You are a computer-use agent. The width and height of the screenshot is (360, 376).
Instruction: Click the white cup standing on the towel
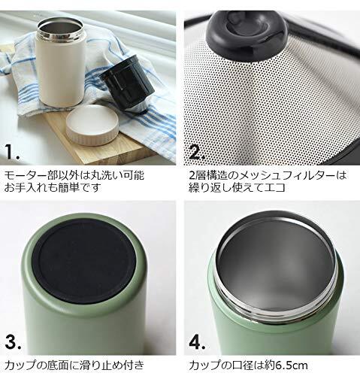(62, 64)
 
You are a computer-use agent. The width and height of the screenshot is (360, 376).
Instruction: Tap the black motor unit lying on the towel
(126, 84)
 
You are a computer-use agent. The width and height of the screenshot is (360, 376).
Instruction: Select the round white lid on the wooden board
(92, 125)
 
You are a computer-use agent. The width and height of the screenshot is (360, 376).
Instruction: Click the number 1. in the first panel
(12, 151)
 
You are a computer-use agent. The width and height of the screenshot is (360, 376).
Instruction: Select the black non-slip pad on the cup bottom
(84, 261)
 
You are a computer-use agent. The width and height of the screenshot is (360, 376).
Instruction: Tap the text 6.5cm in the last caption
(291, 365)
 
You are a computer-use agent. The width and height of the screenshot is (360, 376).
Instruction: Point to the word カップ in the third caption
(21, 365)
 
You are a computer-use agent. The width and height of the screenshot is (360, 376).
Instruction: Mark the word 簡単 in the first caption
(69, 187)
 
